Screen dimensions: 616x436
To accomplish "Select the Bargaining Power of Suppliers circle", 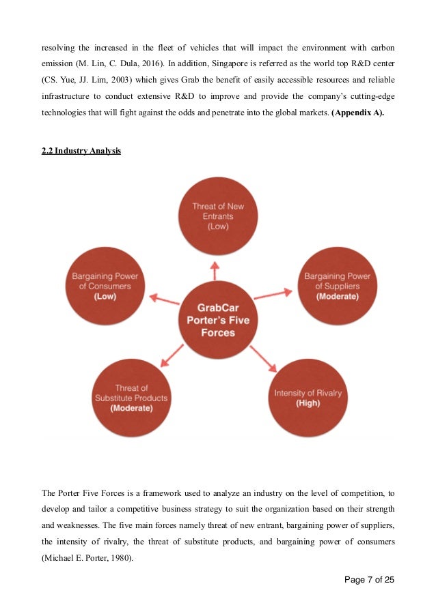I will tap(337, 284).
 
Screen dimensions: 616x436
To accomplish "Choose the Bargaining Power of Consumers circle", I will tap(106, 284).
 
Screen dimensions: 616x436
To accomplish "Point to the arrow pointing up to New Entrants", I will tap(217, 271).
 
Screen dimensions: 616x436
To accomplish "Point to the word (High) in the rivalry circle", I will tap(308, 403).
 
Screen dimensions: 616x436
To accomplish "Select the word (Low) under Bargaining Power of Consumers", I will tap(106, 297).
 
